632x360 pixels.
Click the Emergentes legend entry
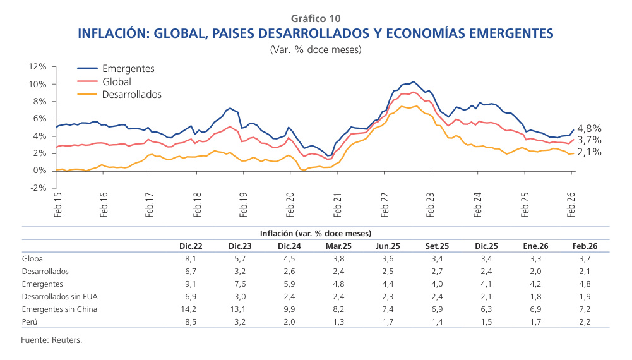128,69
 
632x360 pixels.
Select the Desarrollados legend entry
131,94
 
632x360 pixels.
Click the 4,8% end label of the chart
589,128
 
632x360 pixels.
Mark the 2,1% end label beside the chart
589,152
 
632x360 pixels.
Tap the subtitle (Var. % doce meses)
315,49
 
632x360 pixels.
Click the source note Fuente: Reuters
52,340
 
